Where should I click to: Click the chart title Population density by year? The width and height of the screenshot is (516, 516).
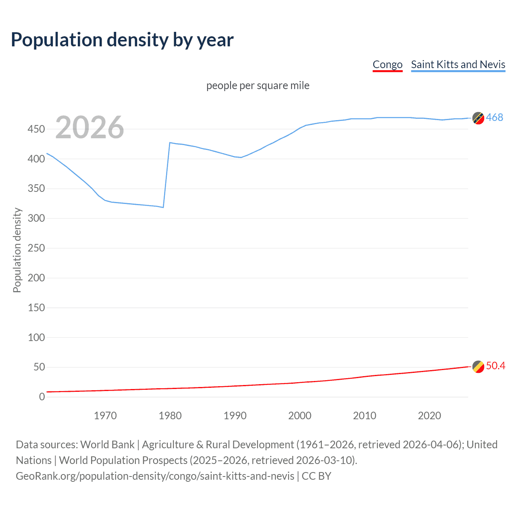[x=122, y=40]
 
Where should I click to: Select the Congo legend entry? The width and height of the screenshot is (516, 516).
[x=387, y=64]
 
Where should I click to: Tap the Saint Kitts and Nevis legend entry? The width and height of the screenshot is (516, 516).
[x=458, y=64]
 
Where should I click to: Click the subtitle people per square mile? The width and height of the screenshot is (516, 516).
[x=258, y=85]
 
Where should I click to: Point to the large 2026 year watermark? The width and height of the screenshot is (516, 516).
[x=89, y=127]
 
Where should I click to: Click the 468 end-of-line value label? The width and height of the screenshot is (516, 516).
[x=494, y=117]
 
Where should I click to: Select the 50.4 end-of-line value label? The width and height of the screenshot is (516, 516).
[x=495, y=366]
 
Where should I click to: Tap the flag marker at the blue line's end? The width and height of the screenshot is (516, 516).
[x=478, y=118]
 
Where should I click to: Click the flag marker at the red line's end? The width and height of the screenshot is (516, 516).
[x=478, y=366]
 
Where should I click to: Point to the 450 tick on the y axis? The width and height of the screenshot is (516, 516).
[x=36, y=129]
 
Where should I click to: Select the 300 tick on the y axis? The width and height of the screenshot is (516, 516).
[x=36, y=218]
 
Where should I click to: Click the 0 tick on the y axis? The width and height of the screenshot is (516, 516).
[x=42, y=397]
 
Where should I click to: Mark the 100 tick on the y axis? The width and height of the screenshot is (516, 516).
[x=36, y=337]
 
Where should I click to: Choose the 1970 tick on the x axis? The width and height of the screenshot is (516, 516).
[x=105, y=416]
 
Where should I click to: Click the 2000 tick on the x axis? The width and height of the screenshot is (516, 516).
[x=300, y=416]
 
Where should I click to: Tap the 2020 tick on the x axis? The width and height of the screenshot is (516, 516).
[x=429, y=416]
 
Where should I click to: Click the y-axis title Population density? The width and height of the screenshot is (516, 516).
[x=17, y=250]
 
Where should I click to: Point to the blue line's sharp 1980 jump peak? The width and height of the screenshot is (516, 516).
[x=170, y=143]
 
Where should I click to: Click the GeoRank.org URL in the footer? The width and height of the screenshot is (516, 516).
[x=155, y=476]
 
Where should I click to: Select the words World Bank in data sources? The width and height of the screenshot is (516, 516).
[x=107, y=445]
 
